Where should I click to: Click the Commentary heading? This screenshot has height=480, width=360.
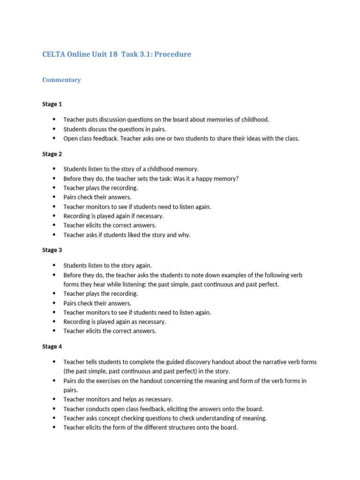point(61,80)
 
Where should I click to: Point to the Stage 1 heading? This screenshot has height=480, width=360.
point(52,104)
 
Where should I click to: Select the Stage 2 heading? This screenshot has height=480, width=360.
point(52,154)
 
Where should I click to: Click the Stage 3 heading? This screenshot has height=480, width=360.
point(52,250)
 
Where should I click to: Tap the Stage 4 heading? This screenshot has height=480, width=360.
point(52,346)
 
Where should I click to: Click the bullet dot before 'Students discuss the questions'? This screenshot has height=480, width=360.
point(54,129)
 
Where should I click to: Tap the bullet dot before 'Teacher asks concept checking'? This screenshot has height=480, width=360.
point(54,418)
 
